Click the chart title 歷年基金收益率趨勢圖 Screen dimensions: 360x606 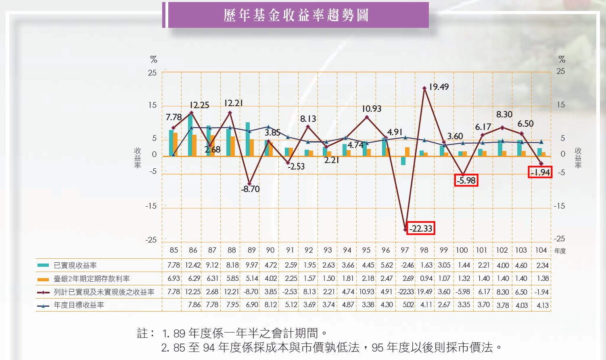[x=297, y=15]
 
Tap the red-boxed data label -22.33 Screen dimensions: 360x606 [x=420, y=228]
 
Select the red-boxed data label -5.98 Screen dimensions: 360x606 [x=466, y=180]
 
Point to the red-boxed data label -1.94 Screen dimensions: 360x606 [x=540, y=172]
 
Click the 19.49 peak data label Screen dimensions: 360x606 [x=439, y=87]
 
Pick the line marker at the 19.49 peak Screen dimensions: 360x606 [x=424, y=88]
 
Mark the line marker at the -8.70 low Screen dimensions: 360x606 [x=249, y=184]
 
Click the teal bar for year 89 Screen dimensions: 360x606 [x=248, y=139]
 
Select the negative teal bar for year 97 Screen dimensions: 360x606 [x=403, y=161]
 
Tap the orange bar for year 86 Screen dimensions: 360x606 [x=194, y=145]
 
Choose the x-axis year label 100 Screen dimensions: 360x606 [x=462, y=250]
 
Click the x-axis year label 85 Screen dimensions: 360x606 [x=174, y=250]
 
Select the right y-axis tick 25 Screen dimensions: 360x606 [x=560, y=71]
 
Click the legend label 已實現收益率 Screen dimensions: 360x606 [x=75, y=266]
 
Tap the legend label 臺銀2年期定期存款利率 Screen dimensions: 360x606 [x=92, y=279]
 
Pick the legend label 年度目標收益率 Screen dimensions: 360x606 [x=79, y=305]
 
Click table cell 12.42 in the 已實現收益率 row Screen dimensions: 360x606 [x=193, y=266]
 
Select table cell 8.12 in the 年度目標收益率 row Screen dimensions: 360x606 [x=270, y=305]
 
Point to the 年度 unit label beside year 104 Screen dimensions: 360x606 [x=560, y=251]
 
